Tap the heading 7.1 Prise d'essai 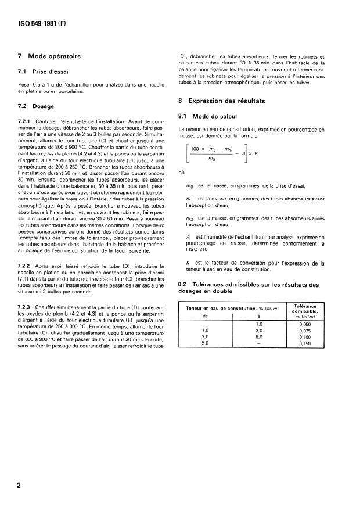[x=44, y=70]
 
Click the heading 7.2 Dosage [x=36, y=106]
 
